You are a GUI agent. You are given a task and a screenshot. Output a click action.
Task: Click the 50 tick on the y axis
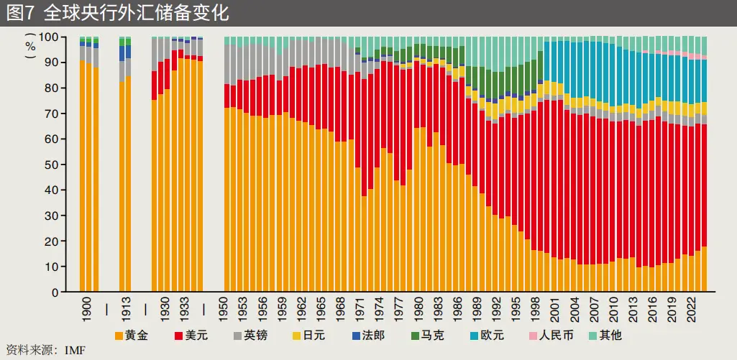coord(52,165)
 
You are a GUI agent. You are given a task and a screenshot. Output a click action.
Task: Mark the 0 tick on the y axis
coord(55,292)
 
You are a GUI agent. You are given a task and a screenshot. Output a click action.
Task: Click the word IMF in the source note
coord(75,351)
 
